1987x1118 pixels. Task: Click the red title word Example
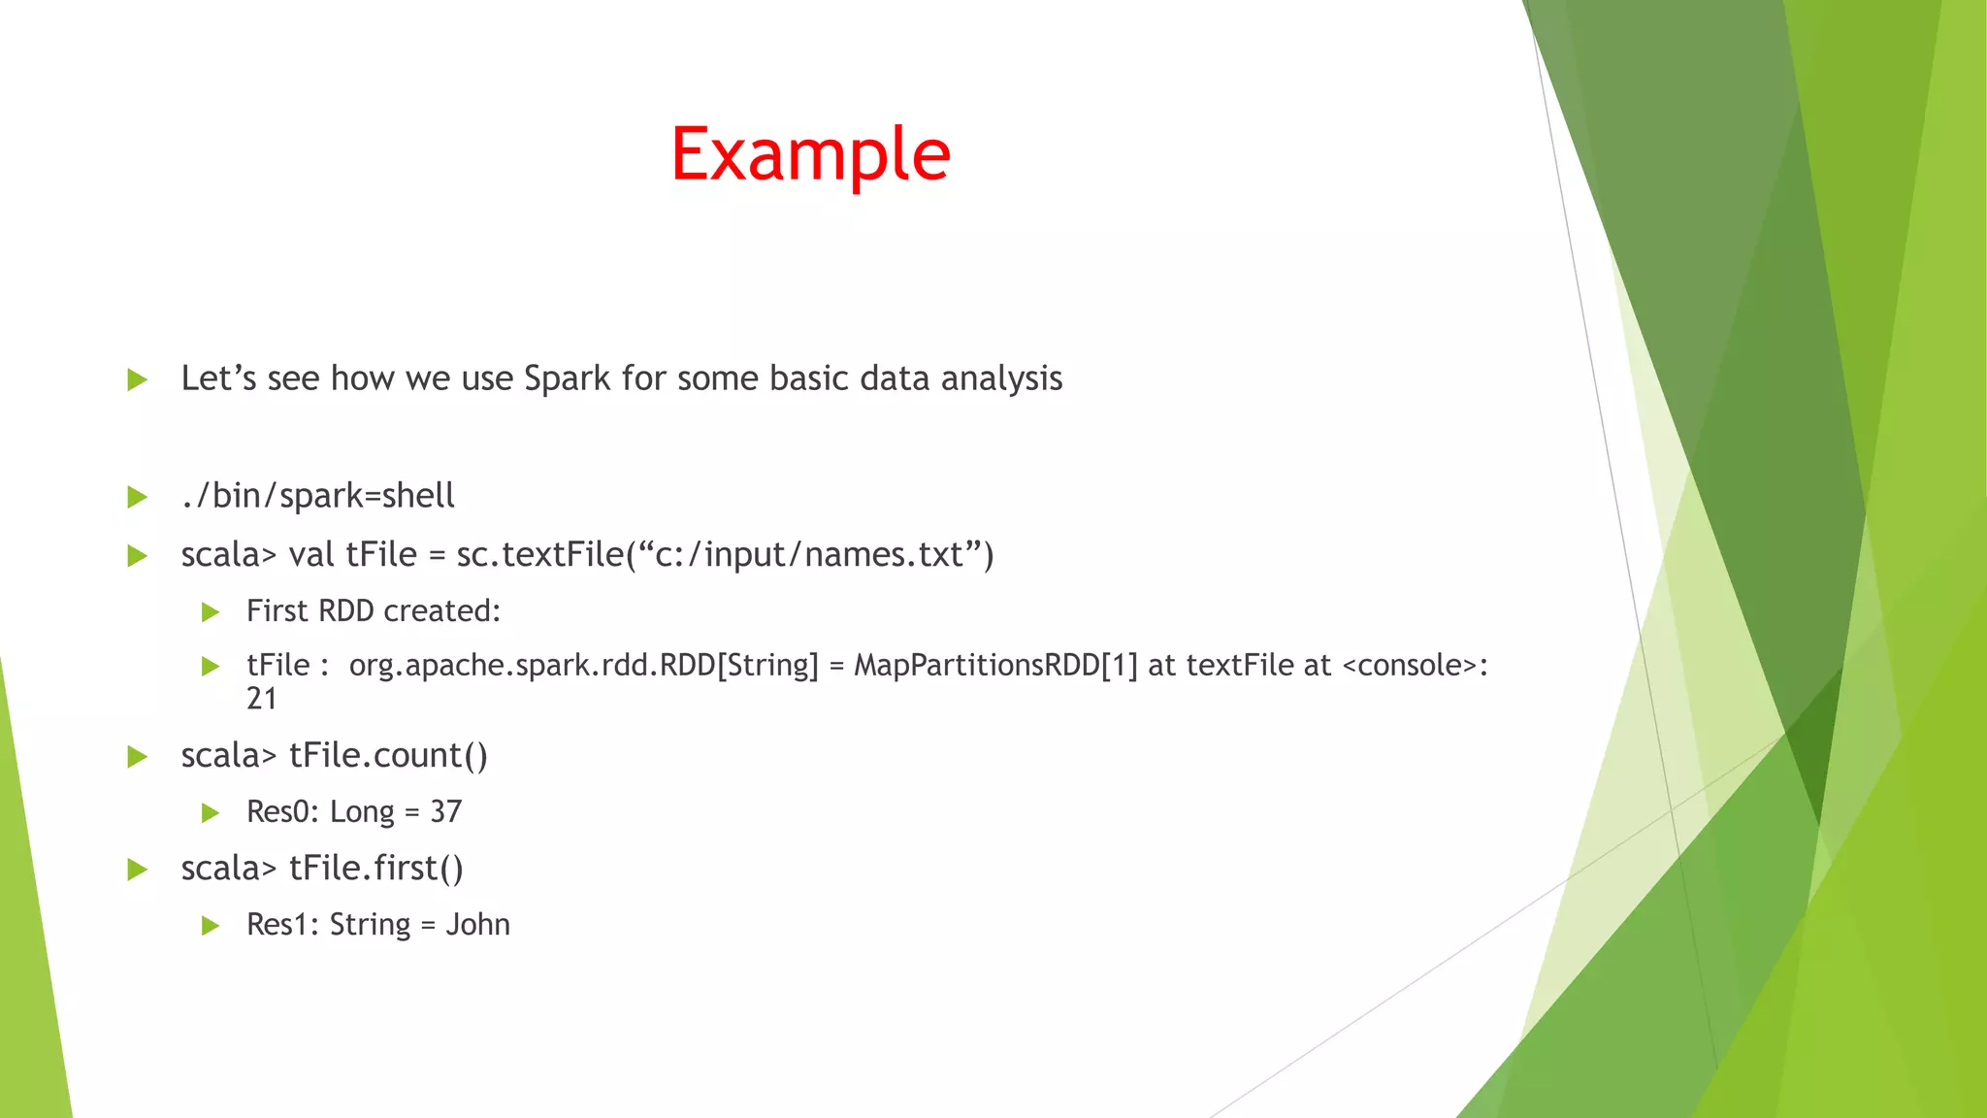[x=810, y=155]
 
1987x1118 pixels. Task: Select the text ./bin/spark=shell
[x=317, y=496]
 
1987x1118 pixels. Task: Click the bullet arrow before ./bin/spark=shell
[x=137, y=498]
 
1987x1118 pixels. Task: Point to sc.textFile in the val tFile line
[x=539, y=555]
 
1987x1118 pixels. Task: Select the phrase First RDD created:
[x=374, y=611]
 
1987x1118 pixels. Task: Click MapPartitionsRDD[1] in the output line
[x=995, y=666]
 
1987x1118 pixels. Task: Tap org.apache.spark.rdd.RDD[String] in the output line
[x=583, y=666]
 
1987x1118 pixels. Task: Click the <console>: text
[x=1415, y=666]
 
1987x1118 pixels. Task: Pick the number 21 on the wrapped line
[x=262, y=699]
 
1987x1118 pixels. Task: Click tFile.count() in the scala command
[x=388, y=756]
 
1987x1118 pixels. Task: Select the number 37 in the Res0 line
[x=446, y=812]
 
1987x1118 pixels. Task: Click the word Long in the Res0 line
[x=362, y=812]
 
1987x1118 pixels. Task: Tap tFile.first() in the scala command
[x=376, y=869]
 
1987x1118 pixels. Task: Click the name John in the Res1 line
[x=477, y=925]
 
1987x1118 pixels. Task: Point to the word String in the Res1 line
[x=370, y=925]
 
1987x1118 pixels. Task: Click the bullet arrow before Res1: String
[x=211, y=926]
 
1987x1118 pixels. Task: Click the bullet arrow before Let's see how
[x=137, y=380]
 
